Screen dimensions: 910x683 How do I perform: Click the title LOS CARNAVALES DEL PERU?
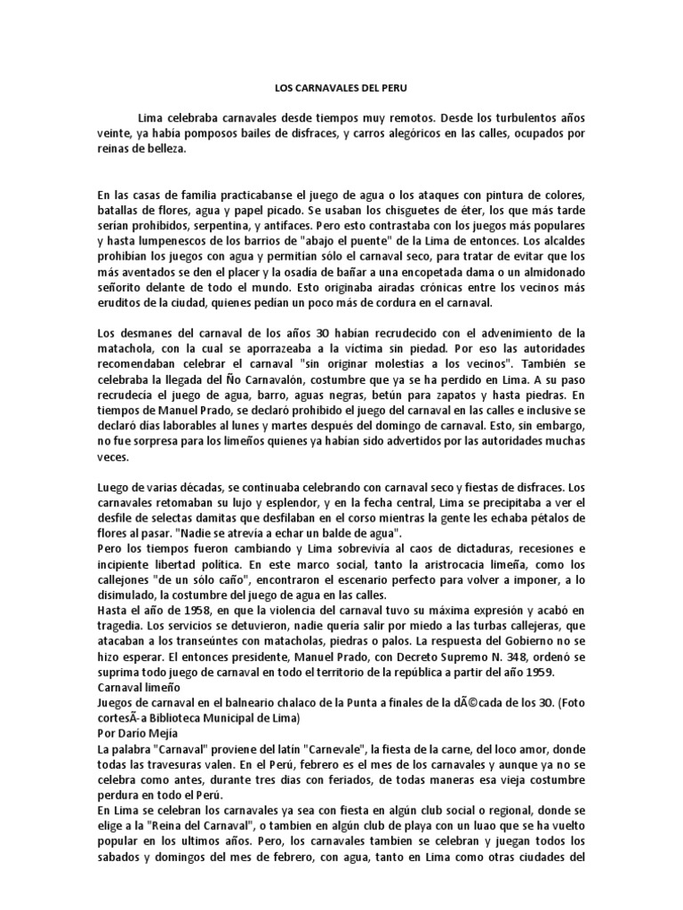pyautogui.click(x=341, y=90)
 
